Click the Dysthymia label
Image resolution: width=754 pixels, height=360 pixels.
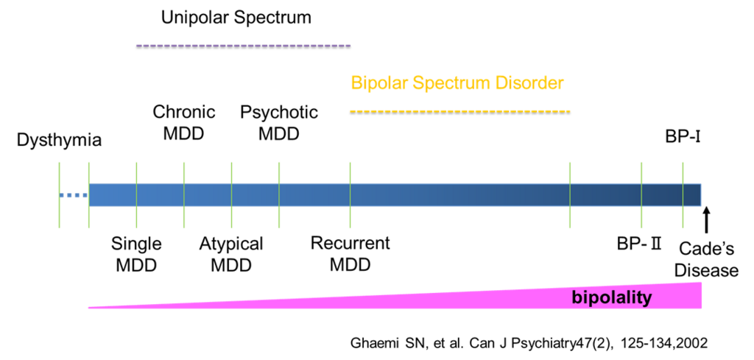[x=59, y=141]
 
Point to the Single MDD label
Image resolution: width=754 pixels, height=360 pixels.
[x=136, y=254]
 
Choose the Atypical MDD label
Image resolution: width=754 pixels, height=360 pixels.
[x=231, y=254]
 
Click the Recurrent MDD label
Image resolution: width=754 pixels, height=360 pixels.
[x=350, y=254]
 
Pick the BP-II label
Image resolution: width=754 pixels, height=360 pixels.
[x=640, y=244]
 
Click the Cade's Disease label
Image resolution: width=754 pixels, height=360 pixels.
[x=706, y=260]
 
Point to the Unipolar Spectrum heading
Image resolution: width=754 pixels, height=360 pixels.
[x=236, y=18]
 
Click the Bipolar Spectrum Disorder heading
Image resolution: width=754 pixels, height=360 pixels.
[x=457, y=83]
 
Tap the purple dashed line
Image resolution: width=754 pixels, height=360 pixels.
[x=244, y=46]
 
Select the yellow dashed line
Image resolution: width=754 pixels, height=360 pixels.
[x=459, y=112]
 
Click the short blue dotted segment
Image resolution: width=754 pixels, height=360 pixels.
[x=74, y=195]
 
